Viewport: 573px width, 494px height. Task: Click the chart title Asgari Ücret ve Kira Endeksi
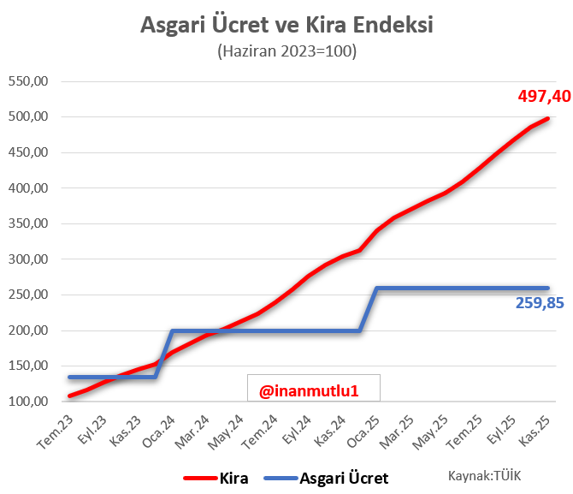286,25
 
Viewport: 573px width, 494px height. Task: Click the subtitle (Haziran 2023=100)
286,51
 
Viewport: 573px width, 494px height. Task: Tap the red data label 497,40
544,96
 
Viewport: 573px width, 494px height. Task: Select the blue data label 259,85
540,302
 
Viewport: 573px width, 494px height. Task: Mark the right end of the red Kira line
547,119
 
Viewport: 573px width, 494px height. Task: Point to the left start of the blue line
69,377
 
